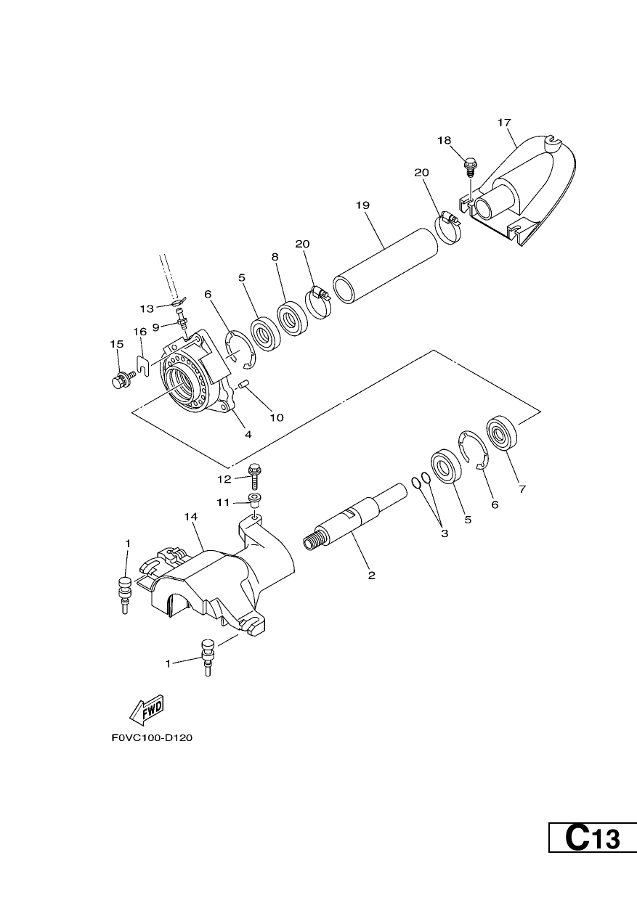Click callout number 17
click(504, 123)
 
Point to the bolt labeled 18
click(469, 167)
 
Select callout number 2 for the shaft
click(372, 576)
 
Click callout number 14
click(191, 517)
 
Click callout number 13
click(147, 308)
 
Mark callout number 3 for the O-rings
click(445, 533)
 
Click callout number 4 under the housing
click(248, 434)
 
